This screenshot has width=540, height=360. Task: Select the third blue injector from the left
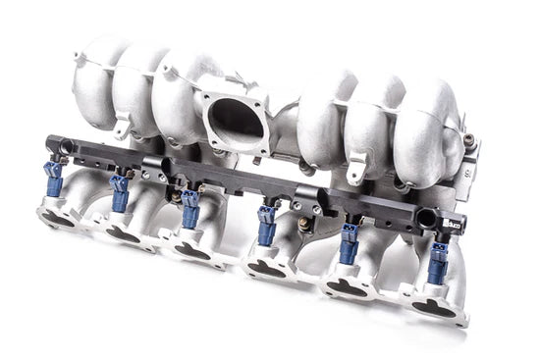click(190, 207)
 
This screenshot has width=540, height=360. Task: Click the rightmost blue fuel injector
click(436, 263)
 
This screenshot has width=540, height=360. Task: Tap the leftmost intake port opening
click(59, 219)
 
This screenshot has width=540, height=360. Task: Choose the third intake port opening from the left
click(190, 251)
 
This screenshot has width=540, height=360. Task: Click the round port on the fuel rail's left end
click(66, 148)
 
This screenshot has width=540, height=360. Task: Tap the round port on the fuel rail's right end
click(426, 217)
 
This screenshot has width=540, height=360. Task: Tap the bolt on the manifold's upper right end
click(469, 140)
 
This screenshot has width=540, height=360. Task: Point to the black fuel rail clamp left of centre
click(161, 169)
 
